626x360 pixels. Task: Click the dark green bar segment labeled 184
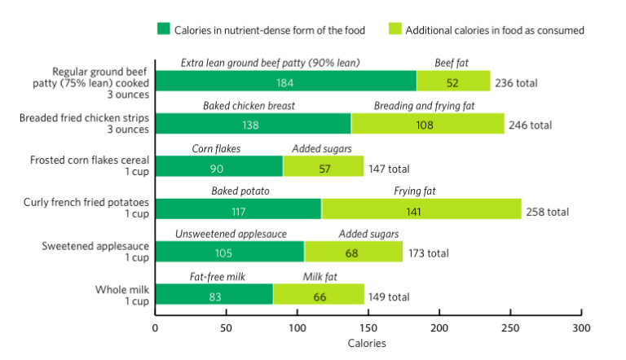point(285,81)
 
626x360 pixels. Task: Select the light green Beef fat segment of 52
point(453,81)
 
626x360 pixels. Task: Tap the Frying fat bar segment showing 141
point(421,209)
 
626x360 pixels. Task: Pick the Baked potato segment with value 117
point(238,209)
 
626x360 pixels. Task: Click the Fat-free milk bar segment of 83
point(214,294)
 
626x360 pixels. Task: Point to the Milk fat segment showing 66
point(319,294)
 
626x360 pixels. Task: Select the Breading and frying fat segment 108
point(428,124)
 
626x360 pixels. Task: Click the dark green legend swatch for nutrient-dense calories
point(163,30)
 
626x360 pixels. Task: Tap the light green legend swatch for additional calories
point(394,30)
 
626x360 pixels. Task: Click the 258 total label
point(547,211)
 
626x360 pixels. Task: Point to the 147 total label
point(389,169)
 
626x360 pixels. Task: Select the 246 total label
point(530,125)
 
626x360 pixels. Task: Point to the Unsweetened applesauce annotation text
point(231,234)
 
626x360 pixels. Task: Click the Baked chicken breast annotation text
point(249,106)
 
